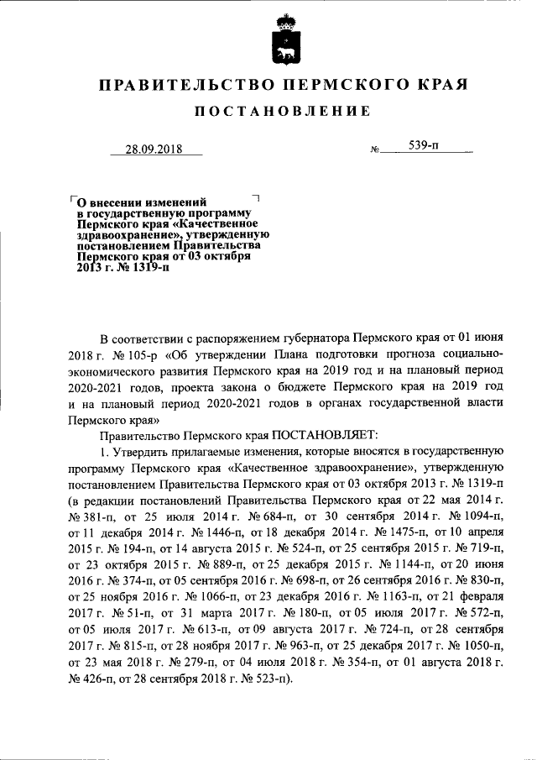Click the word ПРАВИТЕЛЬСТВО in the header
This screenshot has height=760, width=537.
tap(180, 85)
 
